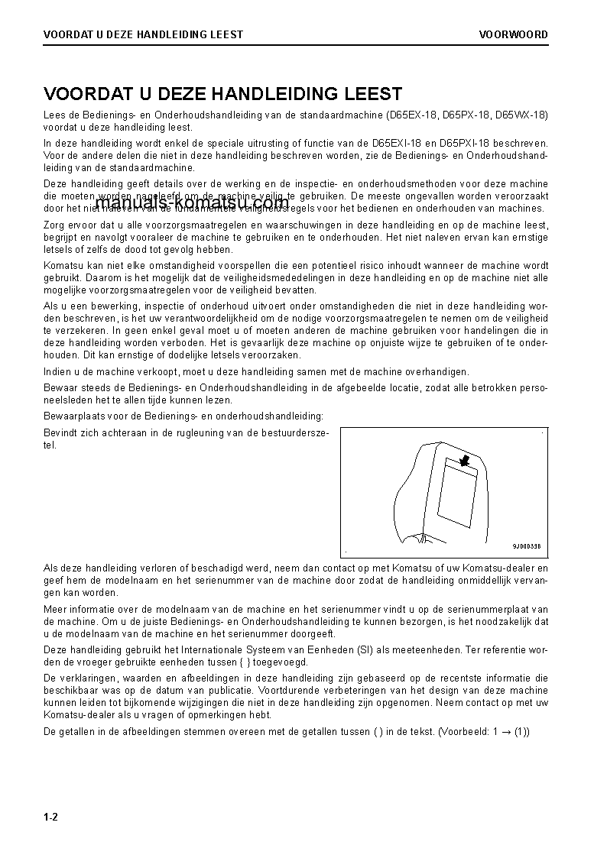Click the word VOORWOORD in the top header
[513, 34]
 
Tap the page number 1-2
[51, 818]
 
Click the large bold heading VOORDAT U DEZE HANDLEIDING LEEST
[222, 94]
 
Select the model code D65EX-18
[413, 115]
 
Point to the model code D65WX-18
[521, 115]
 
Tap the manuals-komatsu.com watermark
[192, 203]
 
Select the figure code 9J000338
[526, 546]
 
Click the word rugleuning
[207, 433]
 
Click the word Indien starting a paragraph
[57, 372]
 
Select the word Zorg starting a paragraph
[55, 225]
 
